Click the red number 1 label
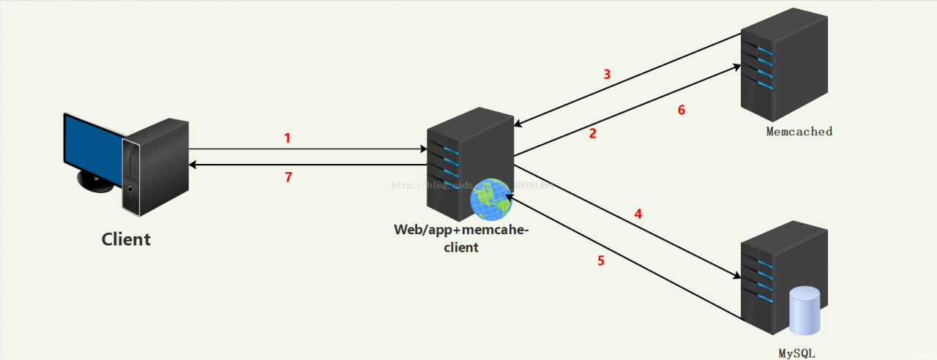click(287, 138)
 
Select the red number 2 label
click(593, 133)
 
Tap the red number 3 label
click(606, 74)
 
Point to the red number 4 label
click(638, 214)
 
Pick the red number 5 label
click(601, 260)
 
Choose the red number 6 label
click(681, 110)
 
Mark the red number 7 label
click(288, 177)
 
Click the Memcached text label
click(799, 132)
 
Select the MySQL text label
click(796, 353)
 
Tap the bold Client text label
click(126, 239)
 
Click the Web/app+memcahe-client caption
click(461, 239)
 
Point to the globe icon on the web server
click(490, 199)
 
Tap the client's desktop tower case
click(155, 166)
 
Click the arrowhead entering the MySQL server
click(735, 277)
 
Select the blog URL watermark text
click(472, 185)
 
